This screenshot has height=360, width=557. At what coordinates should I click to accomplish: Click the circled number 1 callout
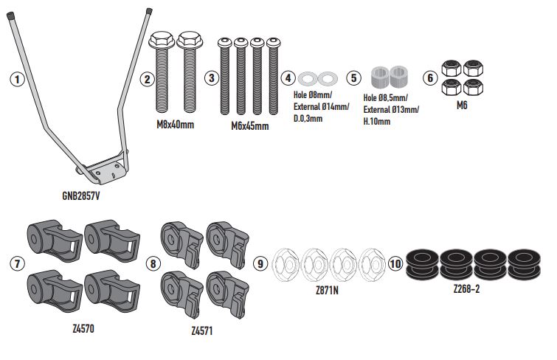[17, 79]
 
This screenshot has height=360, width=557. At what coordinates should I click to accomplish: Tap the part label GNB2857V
[81, 195]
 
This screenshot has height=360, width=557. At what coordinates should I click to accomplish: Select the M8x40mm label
[175, 125]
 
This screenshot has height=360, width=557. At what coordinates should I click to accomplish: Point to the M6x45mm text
[249, 126]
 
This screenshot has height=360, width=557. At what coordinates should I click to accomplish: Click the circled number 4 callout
[288, 78]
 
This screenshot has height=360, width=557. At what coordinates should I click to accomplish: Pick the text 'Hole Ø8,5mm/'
[385, 97]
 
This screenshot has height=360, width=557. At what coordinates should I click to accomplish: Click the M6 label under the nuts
[462, 105]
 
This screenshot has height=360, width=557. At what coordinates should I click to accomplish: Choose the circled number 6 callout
[430, 78]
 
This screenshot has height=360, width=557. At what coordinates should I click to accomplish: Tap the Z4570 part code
[83, 329]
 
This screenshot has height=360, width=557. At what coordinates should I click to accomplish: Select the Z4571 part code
[201, 330]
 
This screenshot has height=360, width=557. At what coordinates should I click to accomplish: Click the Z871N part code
[327, 291]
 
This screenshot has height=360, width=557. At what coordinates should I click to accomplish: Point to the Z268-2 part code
[466, 289]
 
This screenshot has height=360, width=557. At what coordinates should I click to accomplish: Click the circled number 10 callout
[395, 263]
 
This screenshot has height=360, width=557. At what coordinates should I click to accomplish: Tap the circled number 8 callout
[153, 263]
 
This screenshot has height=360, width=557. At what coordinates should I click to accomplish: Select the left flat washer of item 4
[308, 78]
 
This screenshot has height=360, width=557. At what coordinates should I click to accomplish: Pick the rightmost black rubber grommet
[524, 263]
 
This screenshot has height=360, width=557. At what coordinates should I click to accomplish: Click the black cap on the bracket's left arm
[10, 15]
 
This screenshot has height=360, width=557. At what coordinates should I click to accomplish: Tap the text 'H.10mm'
[376, 122]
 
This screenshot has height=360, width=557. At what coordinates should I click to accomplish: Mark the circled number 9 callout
[260, 263]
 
